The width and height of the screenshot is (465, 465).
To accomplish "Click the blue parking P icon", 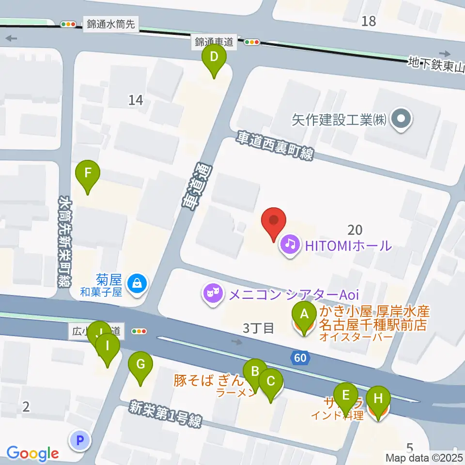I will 80,440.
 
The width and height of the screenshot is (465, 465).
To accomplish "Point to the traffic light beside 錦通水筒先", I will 68,24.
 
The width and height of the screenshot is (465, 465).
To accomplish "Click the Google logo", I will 32,453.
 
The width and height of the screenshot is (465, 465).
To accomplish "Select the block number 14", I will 136,100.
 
